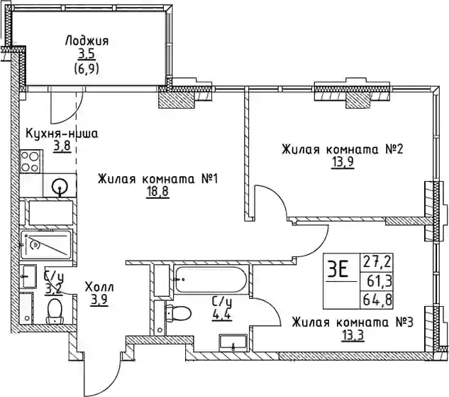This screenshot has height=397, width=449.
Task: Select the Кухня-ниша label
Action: click(61, 134)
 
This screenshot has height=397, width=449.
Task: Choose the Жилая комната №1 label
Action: click(157, 180)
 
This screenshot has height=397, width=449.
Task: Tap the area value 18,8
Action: click(157, 192)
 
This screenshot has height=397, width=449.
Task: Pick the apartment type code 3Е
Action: click(338, 270)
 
